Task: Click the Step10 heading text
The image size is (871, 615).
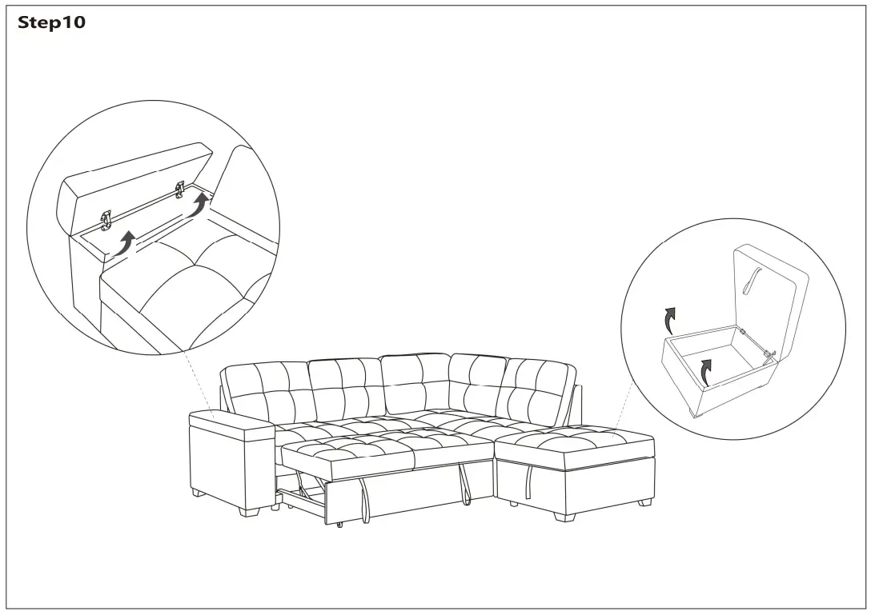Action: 51,23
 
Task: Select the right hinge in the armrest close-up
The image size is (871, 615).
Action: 179,189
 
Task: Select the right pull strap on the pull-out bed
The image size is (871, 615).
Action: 464,484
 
